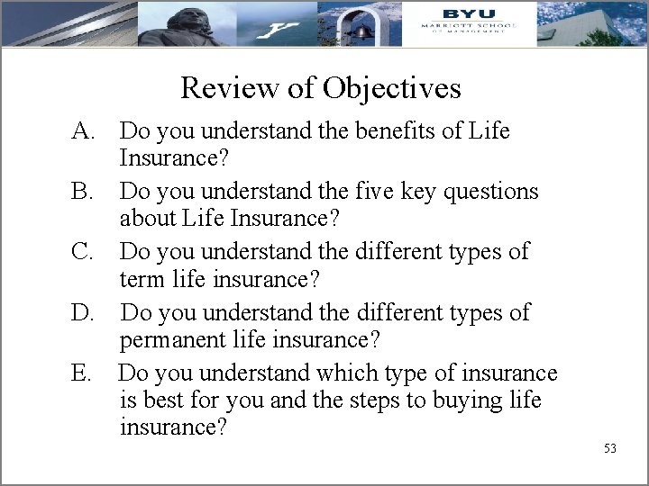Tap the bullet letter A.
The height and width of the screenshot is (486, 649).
(x=85, y=131)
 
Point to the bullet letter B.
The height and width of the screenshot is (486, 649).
(x=84, y=192)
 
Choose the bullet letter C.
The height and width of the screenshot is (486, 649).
(x=84, y=252)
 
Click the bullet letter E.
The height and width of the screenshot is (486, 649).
(x=83, y=373)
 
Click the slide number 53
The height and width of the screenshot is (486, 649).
(x=609, y=448)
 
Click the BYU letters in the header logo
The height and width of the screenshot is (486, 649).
(x=462, y=13)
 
